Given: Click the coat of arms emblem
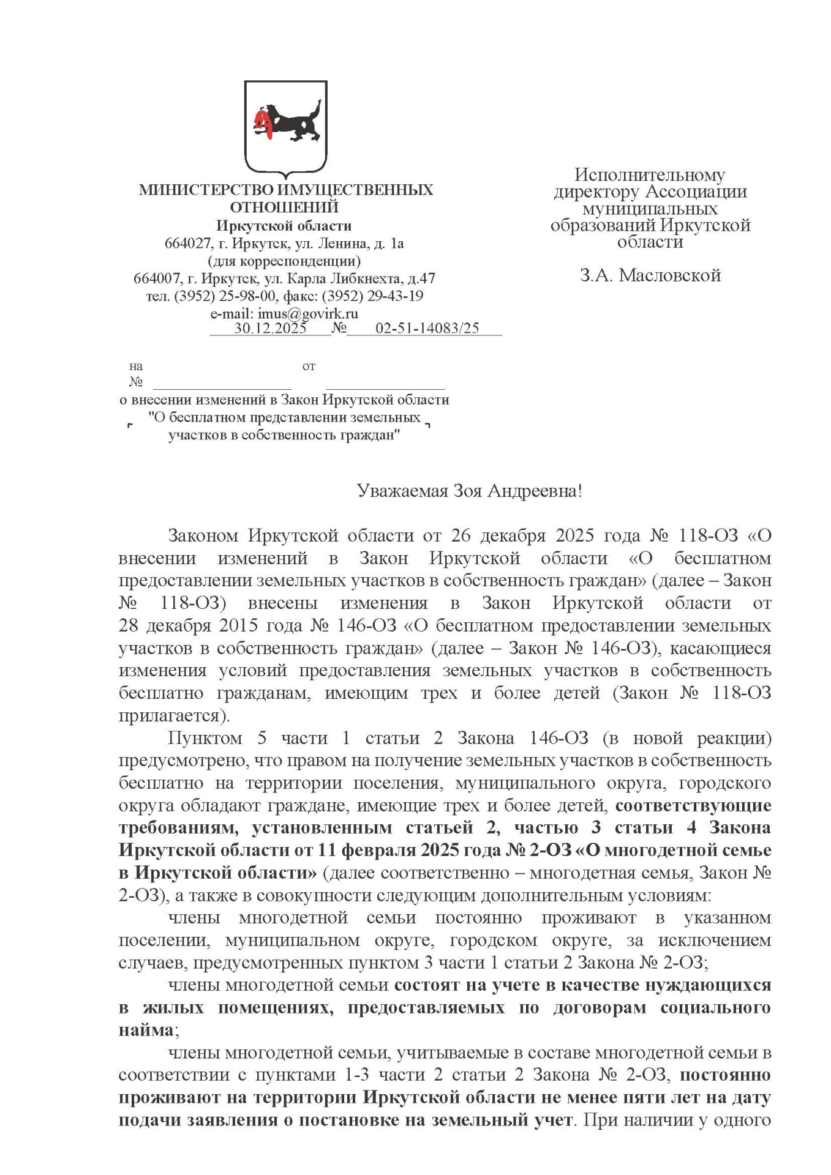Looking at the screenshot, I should [x=285, y=128].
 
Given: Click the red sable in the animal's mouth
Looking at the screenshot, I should [x=264, y=121].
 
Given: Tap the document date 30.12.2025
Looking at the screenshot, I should [x=270, y=328].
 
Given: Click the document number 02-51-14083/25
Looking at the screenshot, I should [x=427, y=328].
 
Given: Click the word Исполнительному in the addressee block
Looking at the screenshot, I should [x=649, y=175].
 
